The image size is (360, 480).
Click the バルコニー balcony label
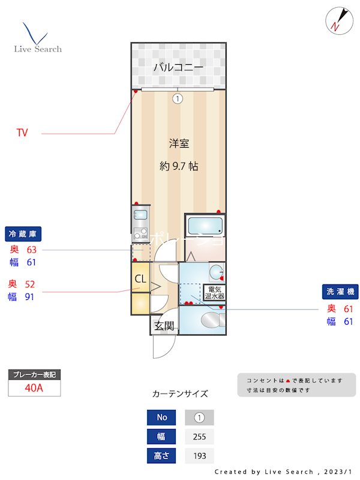[x=178, y=67]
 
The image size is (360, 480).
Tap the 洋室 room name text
[x=179, y=143]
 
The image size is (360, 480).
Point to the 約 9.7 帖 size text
[x=179, y=166]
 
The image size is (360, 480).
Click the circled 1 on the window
[x=178, y=99]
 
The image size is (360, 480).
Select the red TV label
[x=22, y=133]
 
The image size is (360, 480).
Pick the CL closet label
[x=140, y=278]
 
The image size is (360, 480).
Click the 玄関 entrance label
[x=164, y=326]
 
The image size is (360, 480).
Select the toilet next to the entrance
[x=212, y=320]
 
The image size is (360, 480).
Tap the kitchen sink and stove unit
[x=140, y=223]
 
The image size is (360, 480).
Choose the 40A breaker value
[x=34, y=388]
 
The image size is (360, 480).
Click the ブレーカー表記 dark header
[x=34, y=375]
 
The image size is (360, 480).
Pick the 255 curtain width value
[x=199, y=436]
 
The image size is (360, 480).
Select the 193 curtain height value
[x=199, y=455]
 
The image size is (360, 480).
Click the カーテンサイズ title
[x=180, y=394]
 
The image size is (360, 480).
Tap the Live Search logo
[x=37, y=38]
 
